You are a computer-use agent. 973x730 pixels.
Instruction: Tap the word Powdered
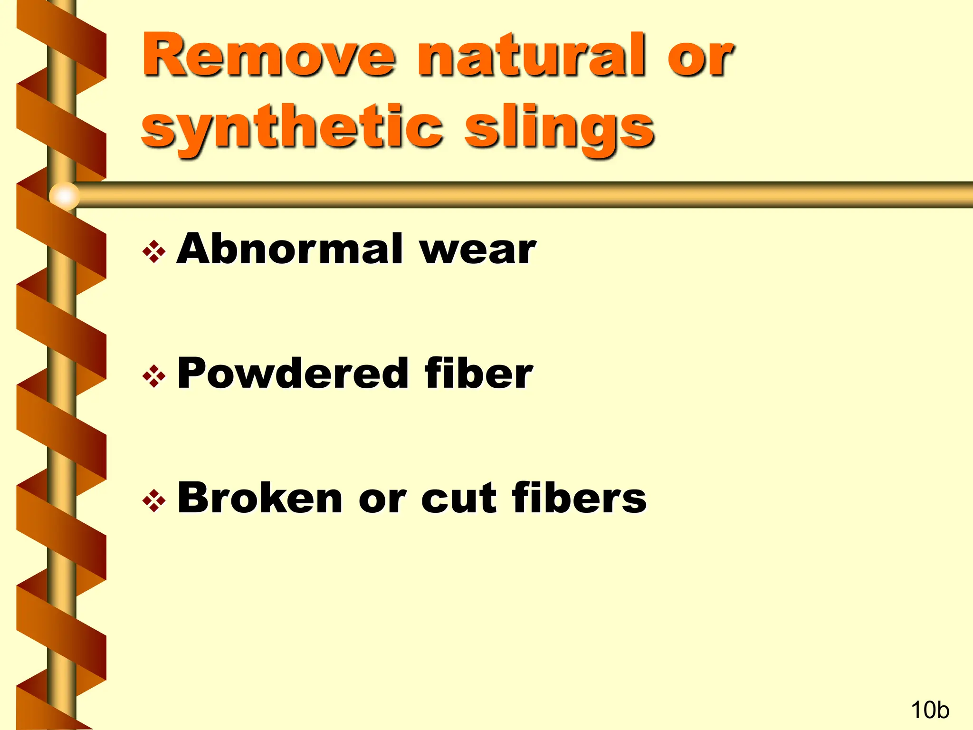[x=293, y=374]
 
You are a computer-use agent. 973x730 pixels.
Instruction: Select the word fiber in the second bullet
[x=479, y=374]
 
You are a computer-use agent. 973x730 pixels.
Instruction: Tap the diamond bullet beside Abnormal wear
[x=154, y=252]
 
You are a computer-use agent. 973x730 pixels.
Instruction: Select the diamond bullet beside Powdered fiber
[x=154, y=377]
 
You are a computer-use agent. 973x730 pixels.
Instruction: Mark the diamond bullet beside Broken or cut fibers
[x=154, y=501]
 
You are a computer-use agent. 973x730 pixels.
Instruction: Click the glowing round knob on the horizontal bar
[x=64, y=195]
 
